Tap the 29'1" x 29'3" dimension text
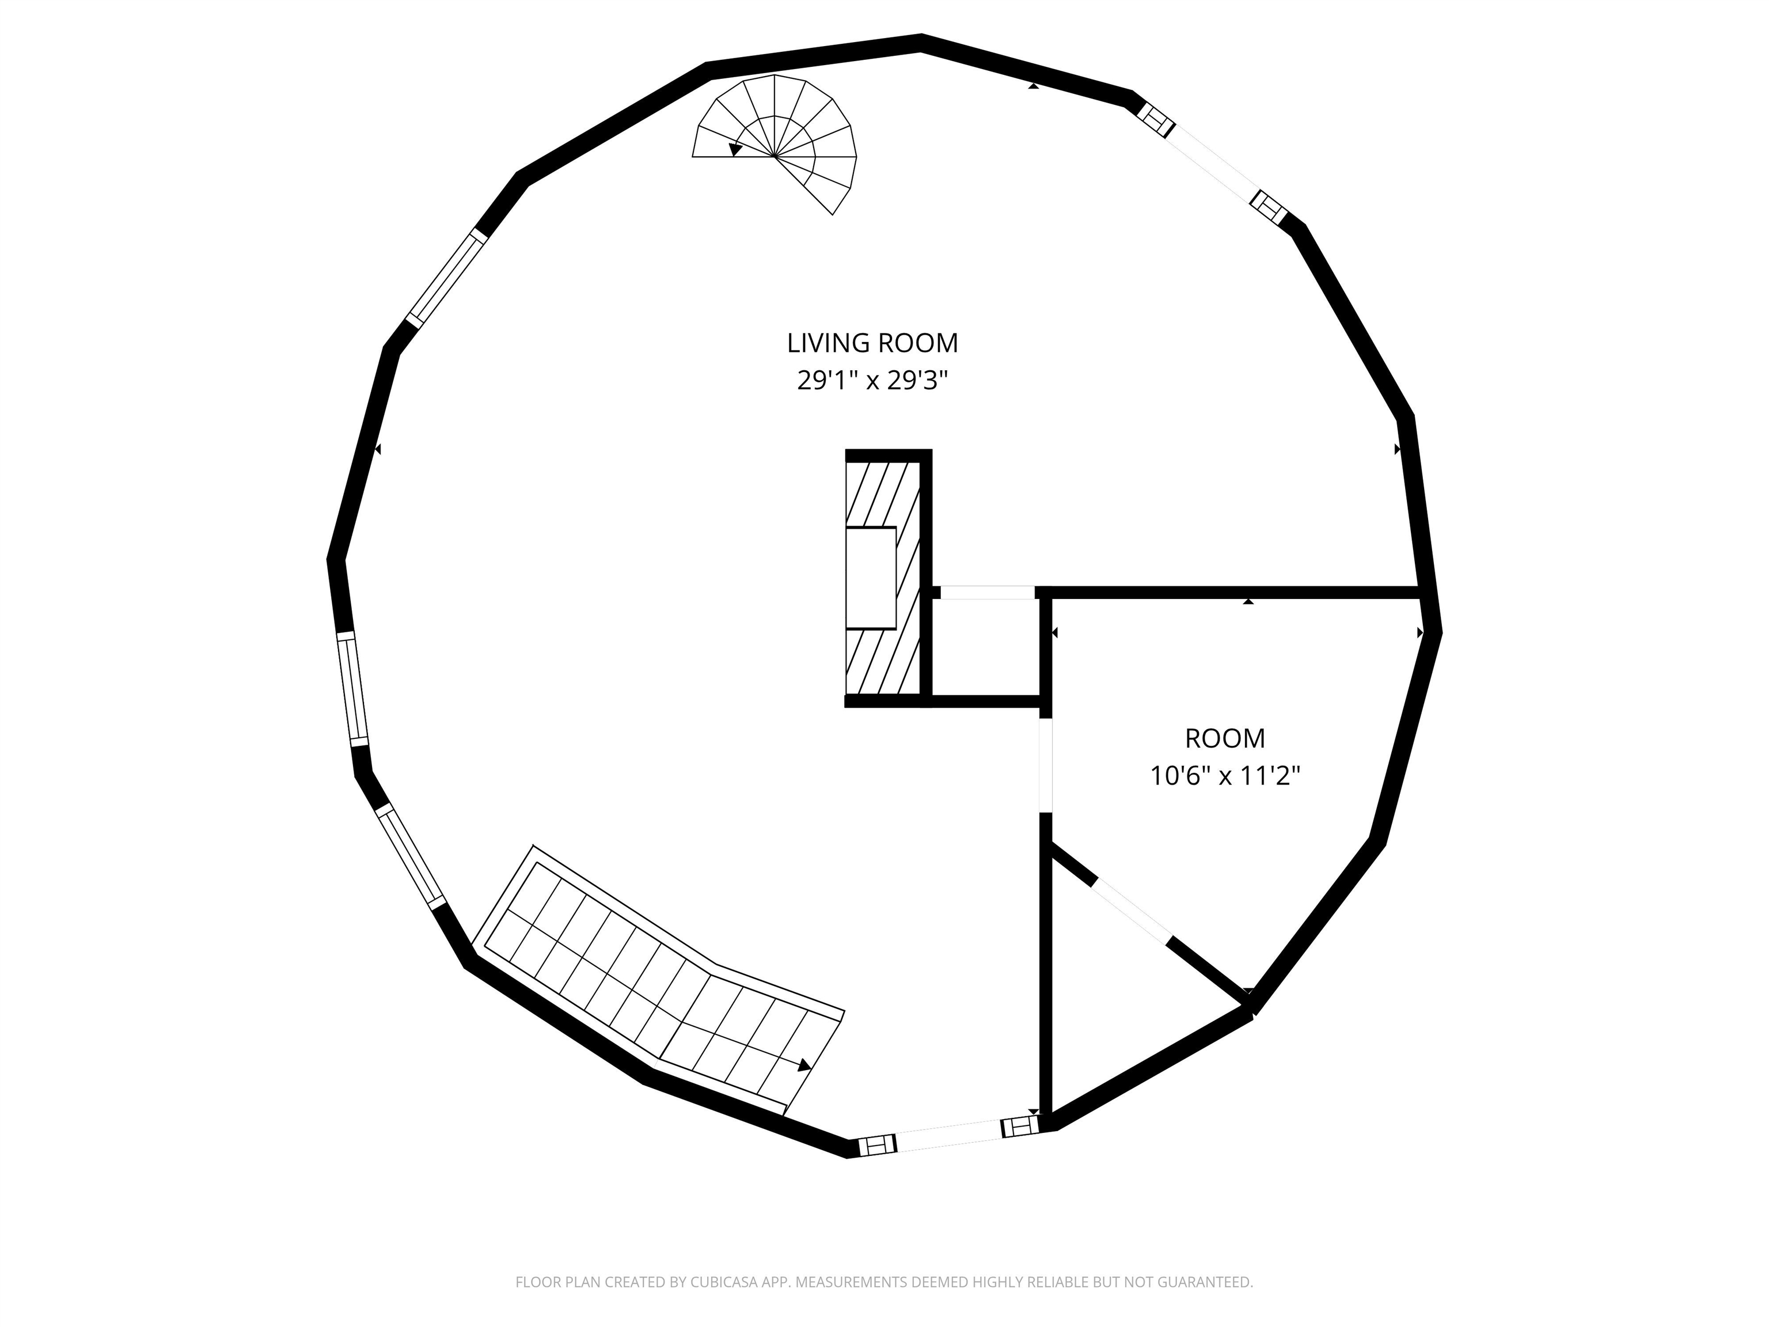click(872, 380)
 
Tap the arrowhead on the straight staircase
click(804, 1064)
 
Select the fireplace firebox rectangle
click(871, 578)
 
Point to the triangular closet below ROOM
click(1119, 992)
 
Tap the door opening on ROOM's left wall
click(1045, 766)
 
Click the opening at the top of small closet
click(988, 593)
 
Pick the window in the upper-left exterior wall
click(446, 277)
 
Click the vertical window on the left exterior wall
click(352, 689)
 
